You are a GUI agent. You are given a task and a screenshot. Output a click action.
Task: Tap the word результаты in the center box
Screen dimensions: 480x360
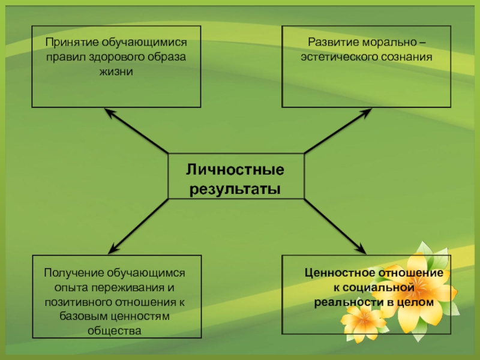235,189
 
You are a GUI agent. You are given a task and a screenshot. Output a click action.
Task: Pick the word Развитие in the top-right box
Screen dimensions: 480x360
330,43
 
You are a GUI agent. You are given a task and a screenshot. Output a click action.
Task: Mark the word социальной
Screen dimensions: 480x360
380,288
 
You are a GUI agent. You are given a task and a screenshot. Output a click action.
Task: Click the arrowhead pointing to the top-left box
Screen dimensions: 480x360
108,112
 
